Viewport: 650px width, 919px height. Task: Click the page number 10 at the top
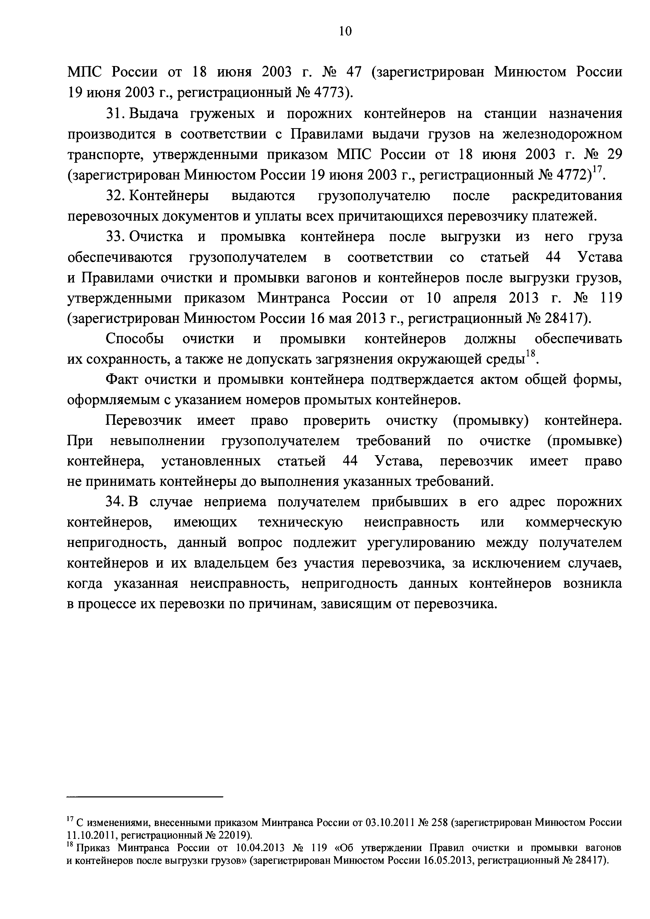[345, 31]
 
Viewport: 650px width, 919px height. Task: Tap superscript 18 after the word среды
[530, 354]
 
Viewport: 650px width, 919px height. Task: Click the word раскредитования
[567, 196]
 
